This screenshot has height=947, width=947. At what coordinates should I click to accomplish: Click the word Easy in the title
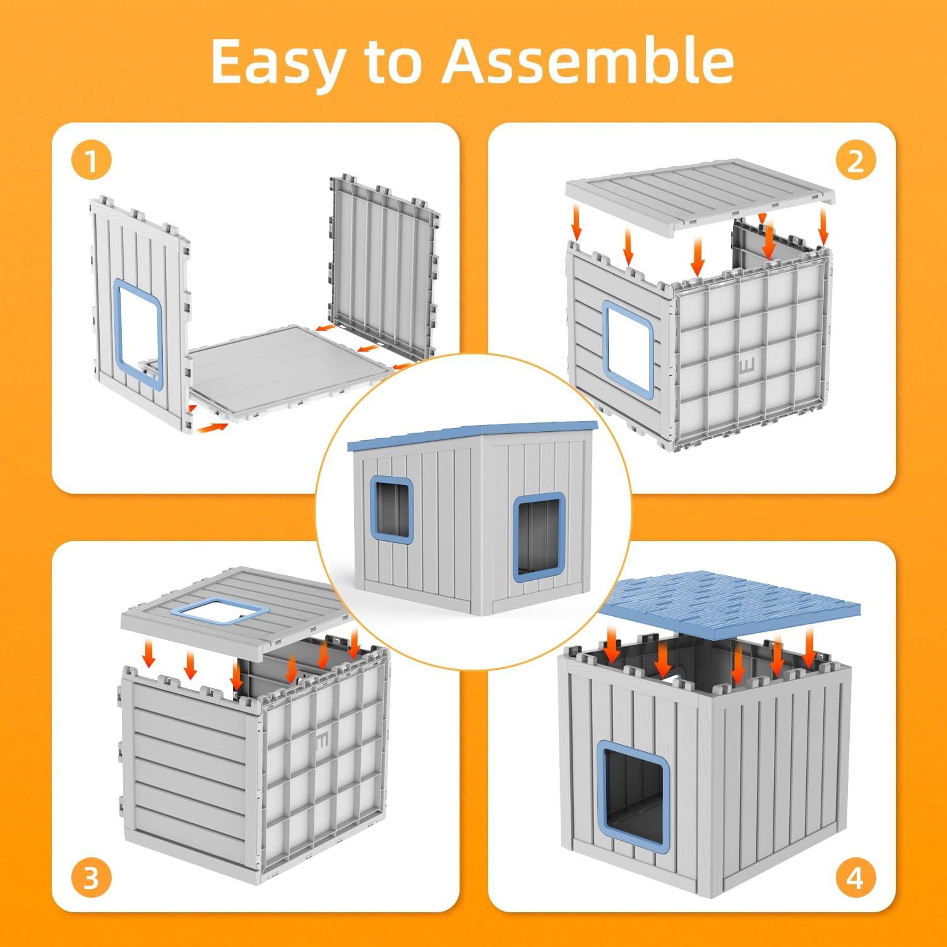point(277,62)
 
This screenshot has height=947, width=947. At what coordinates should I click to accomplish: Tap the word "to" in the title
point(393,62)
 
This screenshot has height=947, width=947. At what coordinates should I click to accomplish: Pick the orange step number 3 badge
point(92,878)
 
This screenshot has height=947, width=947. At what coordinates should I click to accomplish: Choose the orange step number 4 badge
point(855,878)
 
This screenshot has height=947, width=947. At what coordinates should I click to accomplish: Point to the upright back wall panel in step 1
point(384,268)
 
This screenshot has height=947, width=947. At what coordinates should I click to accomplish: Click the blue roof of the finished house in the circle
point(472,436)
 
